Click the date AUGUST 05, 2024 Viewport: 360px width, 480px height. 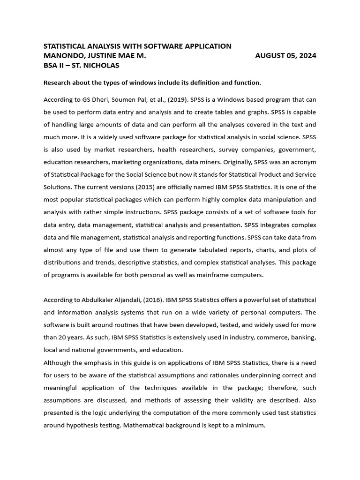click(x=285, y=56)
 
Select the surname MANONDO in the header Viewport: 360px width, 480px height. click(x=62, y=56)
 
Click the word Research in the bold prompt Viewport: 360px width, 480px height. click(x=58, y=82)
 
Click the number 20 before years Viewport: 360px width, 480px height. click(x=62, y=337)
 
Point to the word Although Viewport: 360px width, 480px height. click(x=58, y=362)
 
